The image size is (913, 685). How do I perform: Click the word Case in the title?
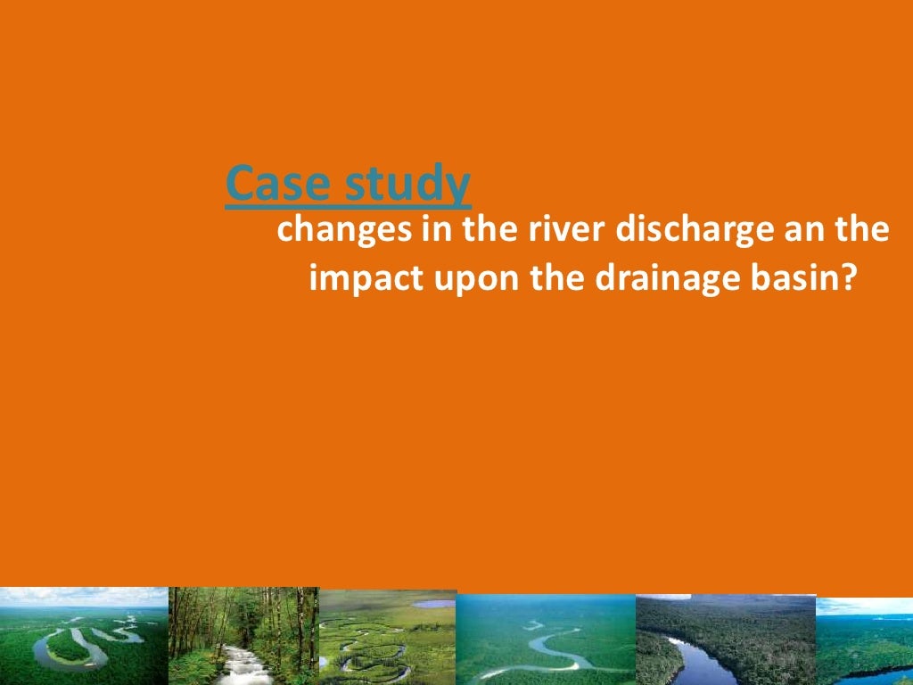267,185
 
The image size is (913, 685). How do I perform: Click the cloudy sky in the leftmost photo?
80,596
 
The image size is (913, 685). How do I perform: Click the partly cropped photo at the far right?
865,642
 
